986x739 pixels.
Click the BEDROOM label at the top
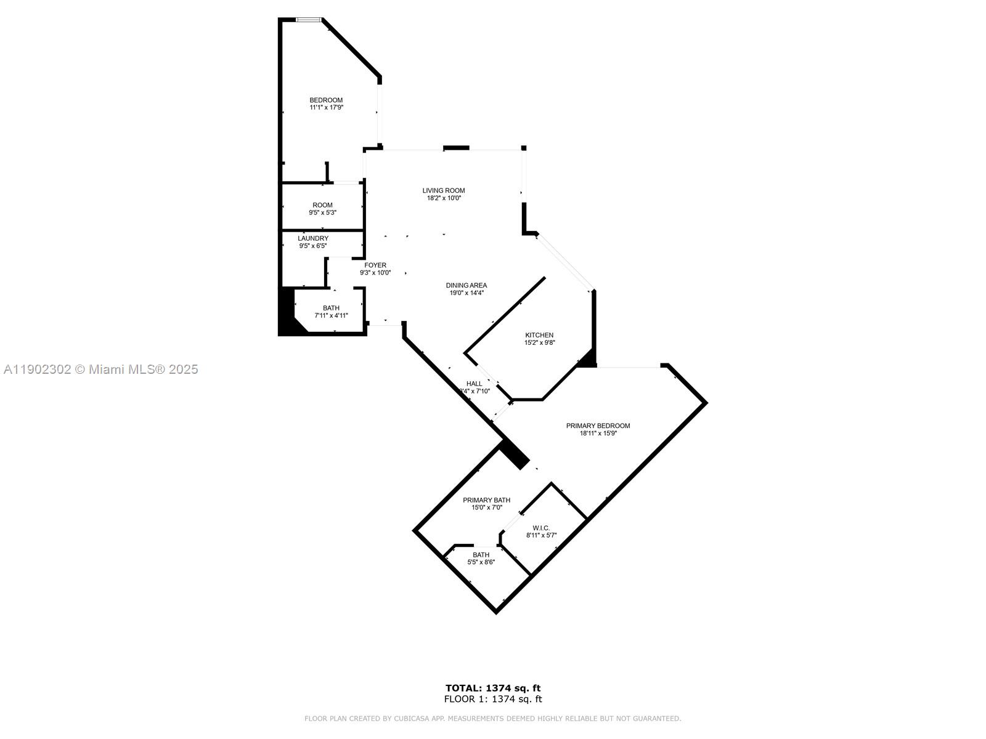click(326, 100)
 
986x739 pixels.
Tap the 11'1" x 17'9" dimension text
click(326, 108)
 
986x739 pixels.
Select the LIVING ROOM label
click(444, 191)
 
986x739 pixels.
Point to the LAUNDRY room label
click(313, 238)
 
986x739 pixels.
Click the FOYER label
click(375, 265)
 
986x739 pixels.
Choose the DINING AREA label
click(467, 286)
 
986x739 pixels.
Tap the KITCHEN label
click(539, 336)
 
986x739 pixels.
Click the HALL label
click(475, 384)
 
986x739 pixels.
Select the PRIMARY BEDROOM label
click(598, 426)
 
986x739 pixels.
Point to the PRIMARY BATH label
click(487, 500)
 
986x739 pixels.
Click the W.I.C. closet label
click(541, 528)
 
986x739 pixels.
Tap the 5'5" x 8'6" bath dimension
click(481, 562)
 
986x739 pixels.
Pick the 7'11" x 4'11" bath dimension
click(331, 316)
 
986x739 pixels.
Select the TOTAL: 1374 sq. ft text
click(493, 688)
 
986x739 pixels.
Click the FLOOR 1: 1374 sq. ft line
click(493, 699)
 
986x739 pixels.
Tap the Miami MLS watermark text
click(100, 369)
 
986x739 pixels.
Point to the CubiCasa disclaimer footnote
click(493, 719)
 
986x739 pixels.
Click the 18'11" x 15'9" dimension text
click(598, 434)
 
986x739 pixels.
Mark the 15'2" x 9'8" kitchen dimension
click(539, 343)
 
